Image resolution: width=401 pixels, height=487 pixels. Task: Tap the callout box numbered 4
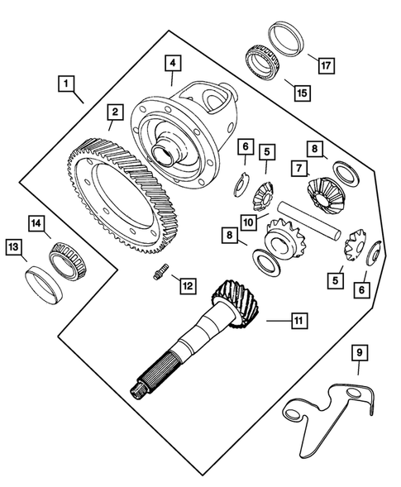click(171, 63)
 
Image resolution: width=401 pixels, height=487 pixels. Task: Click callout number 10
click(248, 222)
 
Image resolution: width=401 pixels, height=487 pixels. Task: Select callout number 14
click(36, 222)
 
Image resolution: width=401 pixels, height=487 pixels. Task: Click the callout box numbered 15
click(301, 93)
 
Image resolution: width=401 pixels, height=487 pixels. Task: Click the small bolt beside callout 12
click(159, 272)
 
